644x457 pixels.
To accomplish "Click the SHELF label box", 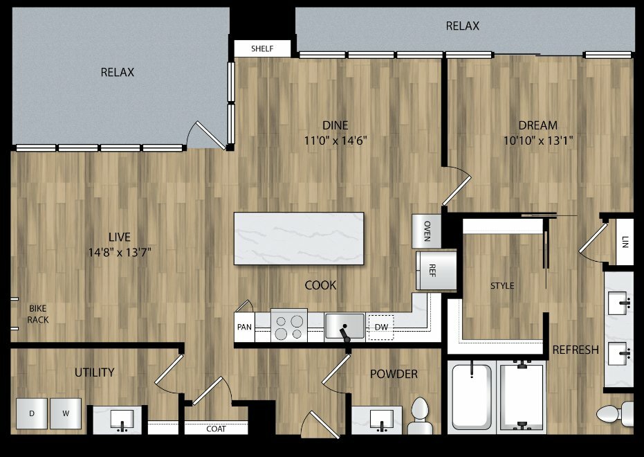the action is tap(262, 48).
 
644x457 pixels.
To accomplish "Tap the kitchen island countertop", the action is tap(299, 238).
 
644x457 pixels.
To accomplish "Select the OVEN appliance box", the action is tap(427, 231).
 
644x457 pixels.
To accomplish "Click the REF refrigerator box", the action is tap(436, 271).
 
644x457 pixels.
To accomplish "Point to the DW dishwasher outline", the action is tap(381, 327).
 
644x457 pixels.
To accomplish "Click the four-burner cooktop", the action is tap(289, 325).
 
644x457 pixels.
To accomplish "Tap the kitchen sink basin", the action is tap(344, 326).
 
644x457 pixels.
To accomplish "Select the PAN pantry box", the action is tap(244, 327).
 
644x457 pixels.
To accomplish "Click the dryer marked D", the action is tap(32, 413).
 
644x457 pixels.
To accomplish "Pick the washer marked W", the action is tap(66, 413).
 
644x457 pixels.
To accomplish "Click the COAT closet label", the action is tap(216, 429).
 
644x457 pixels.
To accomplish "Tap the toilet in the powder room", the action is tap(420, 415).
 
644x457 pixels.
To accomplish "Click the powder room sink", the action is tap(382, 420).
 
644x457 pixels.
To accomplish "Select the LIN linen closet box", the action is tap(625, 242).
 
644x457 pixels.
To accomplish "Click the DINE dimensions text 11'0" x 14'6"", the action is tap(335, 141).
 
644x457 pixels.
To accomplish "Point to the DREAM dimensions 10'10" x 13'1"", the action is tap(538, 141).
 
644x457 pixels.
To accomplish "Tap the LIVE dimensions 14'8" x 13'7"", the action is tap(120, 252).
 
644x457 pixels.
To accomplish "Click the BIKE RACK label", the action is tap(38, 314).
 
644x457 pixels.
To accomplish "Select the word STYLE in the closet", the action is tap(502, 285).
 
